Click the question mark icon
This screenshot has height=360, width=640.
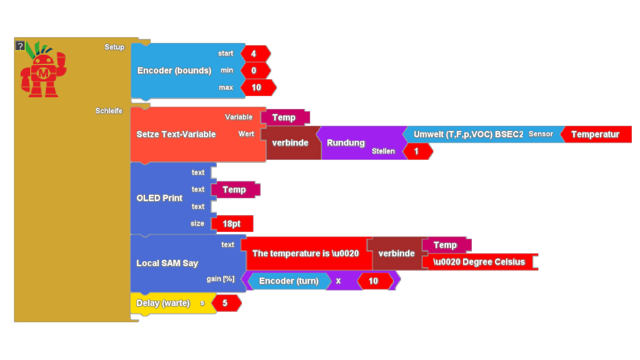point(20,46)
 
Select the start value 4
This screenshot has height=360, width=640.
point(254,53)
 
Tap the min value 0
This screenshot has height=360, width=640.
point(254,71)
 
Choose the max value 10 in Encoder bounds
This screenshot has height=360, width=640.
point(257,88)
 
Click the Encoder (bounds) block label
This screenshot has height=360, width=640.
point(174,71)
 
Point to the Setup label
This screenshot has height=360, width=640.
point(114,47)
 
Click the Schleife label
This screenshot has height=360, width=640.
point(109,111)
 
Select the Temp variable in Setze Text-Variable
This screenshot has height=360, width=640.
point(284,118)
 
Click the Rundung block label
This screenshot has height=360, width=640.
point(346,143)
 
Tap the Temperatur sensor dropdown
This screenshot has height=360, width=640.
point(595,134)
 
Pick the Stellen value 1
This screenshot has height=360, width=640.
point(415,151)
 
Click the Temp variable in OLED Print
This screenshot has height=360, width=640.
point(235,190)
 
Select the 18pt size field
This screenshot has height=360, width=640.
point(232,224)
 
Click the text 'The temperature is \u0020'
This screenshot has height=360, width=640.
point(306,253)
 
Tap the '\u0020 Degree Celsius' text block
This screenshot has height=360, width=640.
point(479,262)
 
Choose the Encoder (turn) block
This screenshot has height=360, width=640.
point(289,281)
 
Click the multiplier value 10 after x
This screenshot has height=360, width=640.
point(373,281)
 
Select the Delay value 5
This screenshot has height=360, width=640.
point(225,303)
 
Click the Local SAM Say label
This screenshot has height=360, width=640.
point(167,263)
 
